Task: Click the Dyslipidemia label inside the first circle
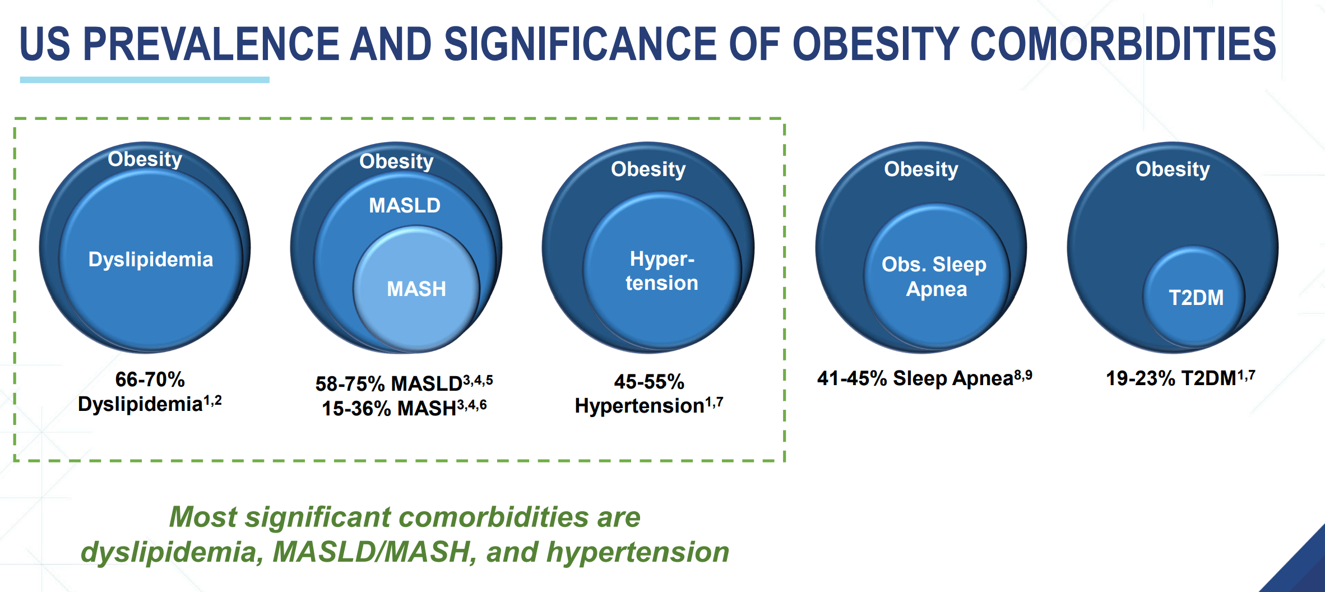151,260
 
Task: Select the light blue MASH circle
416,289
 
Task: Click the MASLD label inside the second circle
404,205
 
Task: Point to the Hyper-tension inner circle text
662,271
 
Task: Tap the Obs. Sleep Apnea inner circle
935,276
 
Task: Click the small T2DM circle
1196,297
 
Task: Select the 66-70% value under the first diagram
150,380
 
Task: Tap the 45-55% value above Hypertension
649,382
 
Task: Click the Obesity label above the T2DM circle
1173,169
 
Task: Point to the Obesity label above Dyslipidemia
145,159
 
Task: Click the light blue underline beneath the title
145,80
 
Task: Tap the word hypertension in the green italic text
637,552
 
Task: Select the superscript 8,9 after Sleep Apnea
1023,375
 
